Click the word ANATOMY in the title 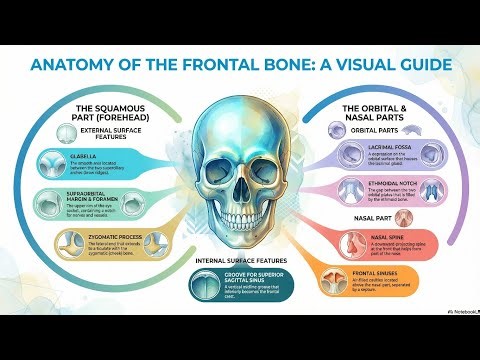click(78, 66)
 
